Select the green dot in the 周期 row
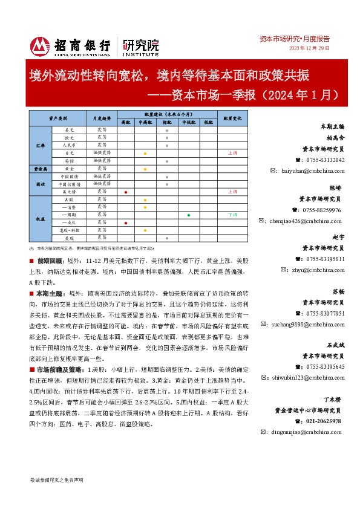coord(189,215)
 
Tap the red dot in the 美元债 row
coord(125,192)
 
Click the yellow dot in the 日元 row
coord(145,154)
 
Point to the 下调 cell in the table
coord(232,215)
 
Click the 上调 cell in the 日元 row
coord(232,154)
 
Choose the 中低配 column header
coord(189,122)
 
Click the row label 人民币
coord(68,146)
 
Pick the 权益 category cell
coord(41,219)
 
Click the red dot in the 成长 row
coord(125,223)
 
